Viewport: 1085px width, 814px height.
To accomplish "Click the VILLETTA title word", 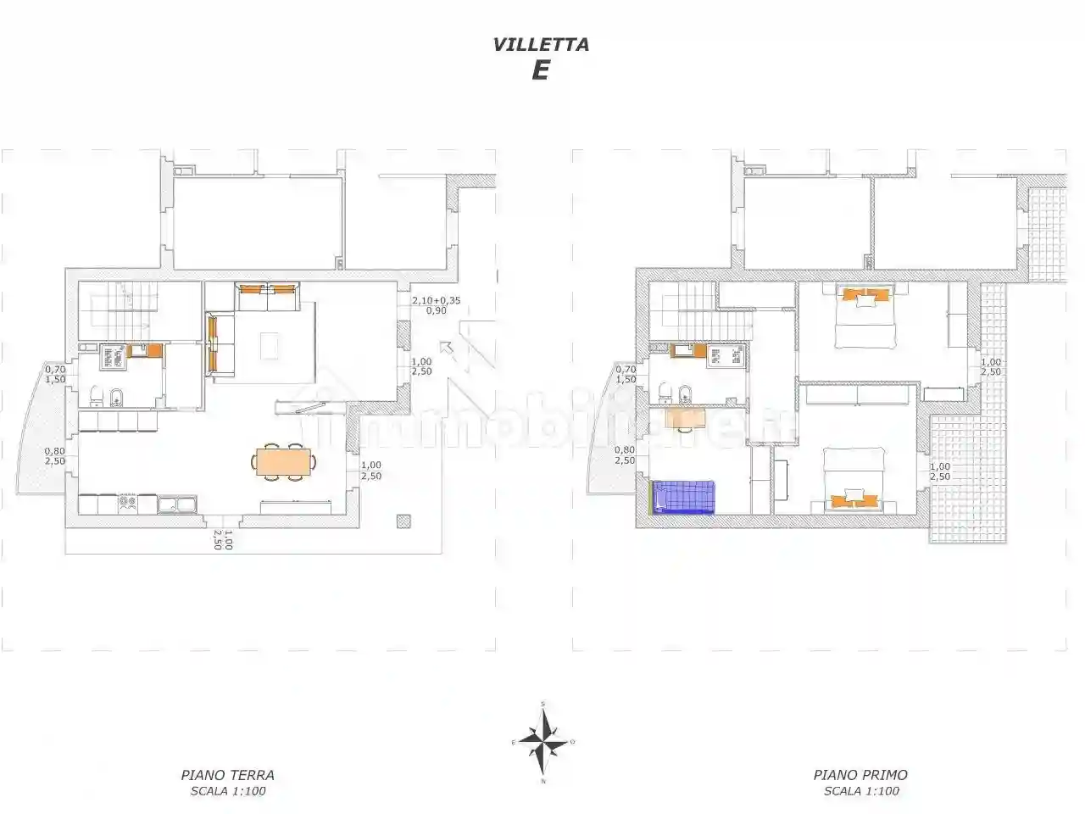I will click(541, 45).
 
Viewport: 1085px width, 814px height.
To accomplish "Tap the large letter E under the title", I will click(540, 71).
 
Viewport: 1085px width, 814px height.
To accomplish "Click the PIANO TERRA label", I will click(227, 774).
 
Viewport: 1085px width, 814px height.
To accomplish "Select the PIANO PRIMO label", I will click(860, 774).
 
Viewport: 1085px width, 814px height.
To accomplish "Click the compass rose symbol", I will click(542, 739).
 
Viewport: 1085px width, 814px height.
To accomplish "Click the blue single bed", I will click(683, 497).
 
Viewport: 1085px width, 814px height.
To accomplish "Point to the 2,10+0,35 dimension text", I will click(437, 300).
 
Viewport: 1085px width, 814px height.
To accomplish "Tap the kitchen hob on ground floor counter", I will click(127, 503).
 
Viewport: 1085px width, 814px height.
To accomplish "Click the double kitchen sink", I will click(178, 505).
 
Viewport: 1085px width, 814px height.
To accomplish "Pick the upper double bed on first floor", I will click(865, 318).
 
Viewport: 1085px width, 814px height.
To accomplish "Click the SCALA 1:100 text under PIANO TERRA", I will click(227, 791).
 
